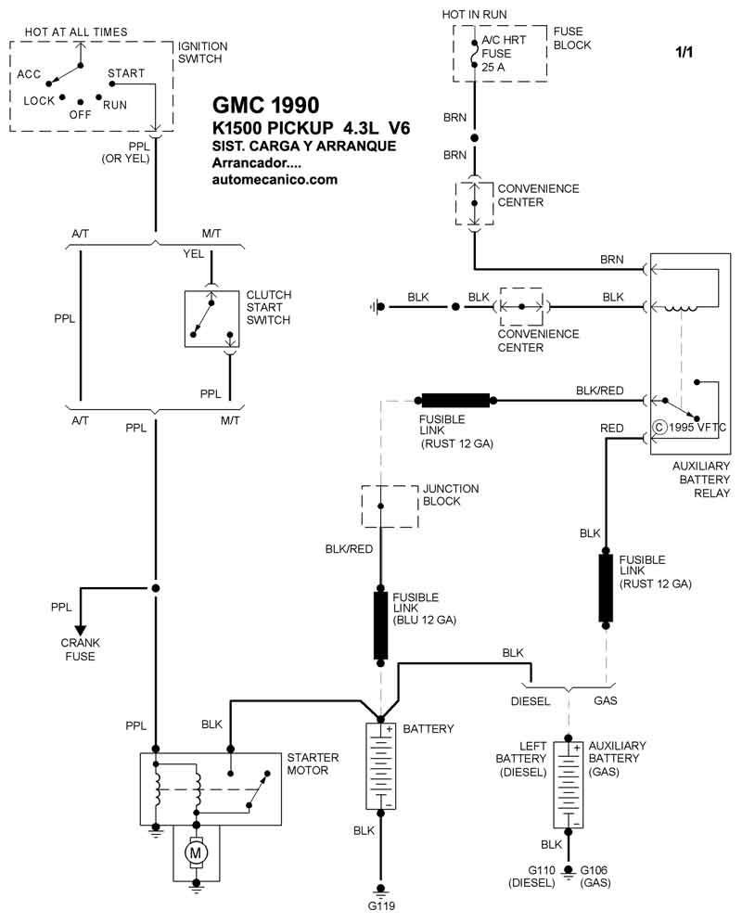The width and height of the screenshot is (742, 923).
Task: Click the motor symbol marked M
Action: (x=195, y=851)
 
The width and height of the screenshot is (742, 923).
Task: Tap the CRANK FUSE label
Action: (x=80, y=649)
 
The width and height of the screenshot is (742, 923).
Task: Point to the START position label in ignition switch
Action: (x=126, y=72)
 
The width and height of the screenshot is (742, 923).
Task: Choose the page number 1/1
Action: (x=684, y=53)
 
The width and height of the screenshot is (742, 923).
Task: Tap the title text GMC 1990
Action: (x=266, y=103)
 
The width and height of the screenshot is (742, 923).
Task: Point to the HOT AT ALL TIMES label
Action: (x=76, y=32)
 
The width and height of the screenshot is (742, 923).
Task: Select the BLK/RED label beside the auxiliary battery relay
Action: (x=600, y=391)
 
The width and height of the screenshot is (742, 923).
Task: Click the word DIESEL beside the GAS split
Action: (x=531, y=701)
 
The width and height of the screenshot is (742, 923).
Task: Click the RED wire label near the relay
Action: (x=612, y=429)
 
